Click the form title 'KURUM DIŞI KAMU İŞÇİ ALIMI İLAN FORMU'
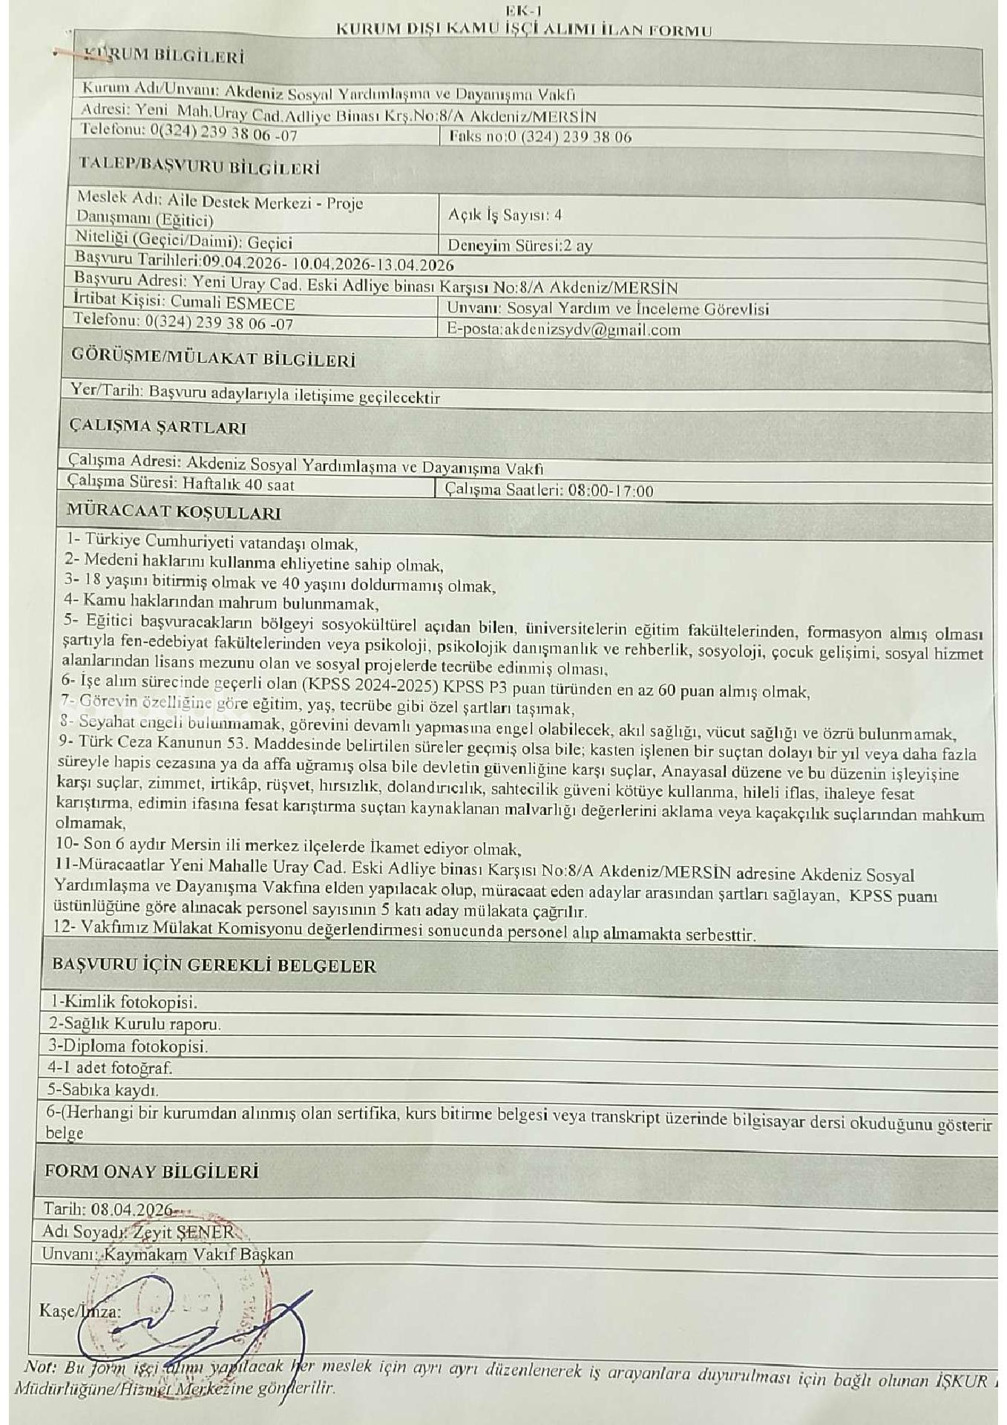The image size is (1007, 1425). pos(524,30)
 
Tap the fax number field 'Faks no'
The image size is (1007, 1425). pos(540,137)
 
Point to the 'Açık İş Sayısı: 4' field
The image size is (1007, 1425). pos(505,214)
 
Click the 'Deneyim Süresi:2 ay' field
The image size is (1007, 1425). pos(519,246)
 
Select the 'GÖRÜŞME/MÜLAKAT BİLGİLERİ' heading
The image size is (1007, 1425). pos(213,359)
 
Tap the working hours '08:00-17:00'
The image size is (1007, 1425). pos(610,491)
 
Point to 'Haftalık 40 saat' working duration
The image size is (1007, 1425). pos(237,485)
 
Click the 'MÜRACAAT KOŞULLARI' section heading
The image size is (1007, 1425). pos(174,512)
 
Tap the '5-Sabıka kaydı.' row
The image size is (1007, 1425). pos(103,1090)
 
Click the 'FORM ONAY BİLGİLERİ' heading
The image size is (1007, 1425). pos(152,1171)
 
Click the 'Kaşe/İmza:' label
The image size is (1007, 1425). pos(80,1311)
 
